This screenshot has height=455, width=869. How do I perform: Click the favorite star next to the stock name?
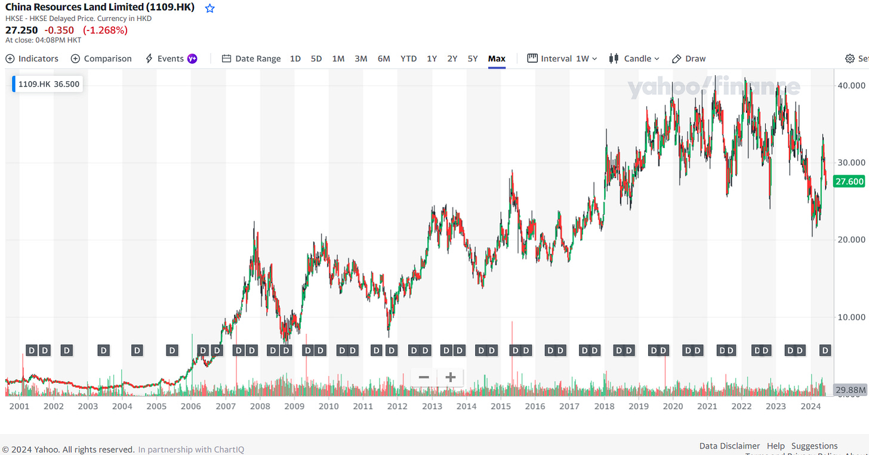[x=209, y=8]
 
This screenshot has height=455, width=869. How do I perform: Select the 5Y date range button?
[x=473, y=58]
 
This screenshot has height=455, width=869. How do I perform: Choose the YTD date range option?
[x=408, y=58]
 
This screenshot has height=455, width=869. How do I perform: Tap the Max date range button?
[x=497, y=58]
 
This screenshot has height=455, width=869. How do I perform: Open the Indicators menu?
[x=32, y=58]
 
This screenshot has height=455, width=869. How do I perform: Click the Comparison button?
[x=101, y=58]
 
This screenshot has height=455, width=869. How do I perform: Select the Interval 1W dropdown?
[x=562, y=58]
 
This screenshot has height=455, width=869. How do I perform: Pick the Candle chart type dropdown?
[x=634, y=58]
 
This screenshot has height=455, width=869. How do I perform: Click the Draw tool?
[x=689, y=58]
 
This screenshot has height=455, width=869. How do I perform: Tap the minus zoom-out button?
[x=424, y=377]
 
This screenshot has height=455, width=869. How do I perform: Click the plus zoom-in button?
[x=451, y=377]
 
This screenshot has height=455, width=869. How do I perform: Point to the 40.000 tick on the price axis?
[x=850, y=85]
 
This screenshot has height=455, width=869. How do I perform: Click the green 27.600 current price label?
[x=850, y=181]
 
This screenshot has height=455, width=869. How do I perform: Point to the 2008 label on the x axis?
[x=260, y=406]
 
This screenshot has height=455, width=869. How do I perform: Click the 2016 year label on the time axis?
[x=535, y=406]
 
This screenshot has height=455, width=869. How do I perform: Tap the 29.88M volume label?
[x=850, y=390]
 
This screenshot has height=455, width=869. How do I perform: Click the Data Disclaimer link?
[x=729, y=445]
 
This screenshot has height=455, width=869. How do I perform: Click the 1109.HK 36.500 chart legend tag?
[x=48, y=84]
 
